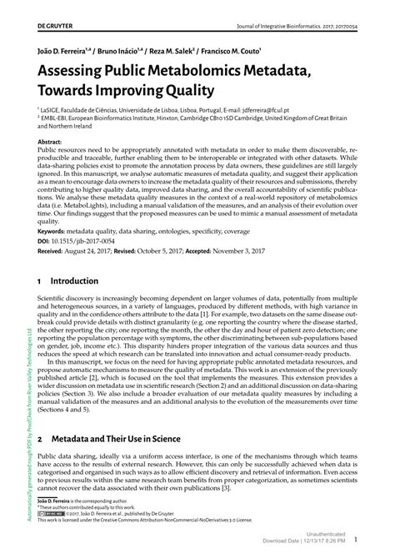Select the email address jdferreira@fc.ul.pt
[286, 108]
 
